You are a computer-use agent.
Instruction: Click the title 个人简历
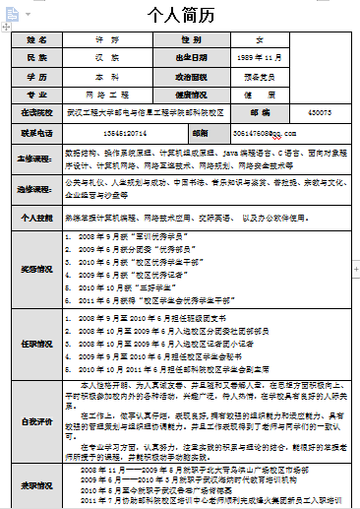tap(180, 17)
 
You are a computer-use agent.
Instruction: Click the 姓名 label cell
tap(36, 40)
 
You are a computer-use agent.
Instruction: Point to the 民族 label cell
tap(36, 57)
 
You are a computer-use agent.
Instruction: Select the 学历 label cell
tap(36, 76)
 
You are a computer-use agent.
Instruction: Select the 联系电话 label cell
tap(36, 131)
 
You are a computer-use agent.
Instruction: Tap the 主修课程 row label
tap(36, 158)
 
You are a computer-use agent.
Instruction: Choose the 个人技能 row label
tap(36, 216)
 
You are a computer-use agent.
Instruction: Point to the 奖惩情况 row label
tap(36, 267)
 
